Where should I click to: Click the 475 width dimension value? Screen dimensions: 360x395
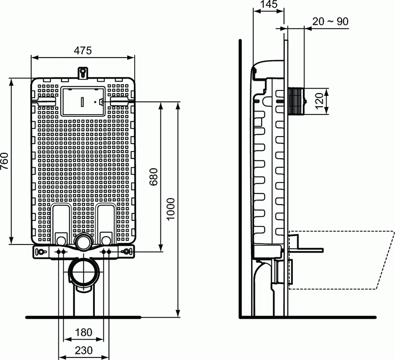tap(83, 50)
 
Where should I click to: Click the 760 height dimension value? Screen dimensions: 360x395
tap(5, 161)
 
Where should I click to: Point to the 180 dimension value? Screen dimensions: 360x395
tap(83, 332)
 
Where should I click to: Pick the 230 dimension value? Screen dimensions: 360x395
tap(83, 350)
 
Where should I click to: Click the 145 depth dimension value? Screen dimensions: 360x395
tap(269, 5)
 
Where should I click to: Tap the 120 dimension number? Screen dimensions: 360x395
tap(320, 101)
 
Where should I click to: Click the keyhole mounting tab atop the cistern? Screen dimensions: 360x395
tap(83, 73)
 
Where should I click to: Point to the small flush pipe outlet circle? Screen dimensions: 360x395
tap(83, 241)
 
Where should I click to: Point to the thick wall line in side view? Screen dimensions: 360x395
tap(240, 176)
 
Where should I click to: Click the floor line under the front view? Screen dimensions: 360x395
tap(44, 317)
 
